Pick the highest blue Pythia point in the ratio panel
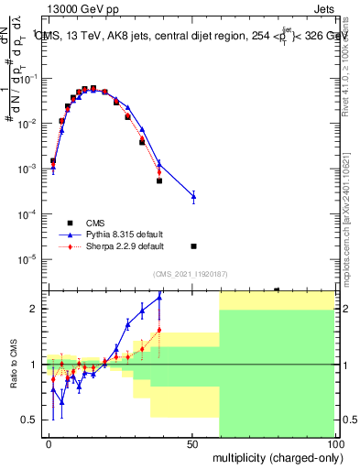point(159,297)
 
